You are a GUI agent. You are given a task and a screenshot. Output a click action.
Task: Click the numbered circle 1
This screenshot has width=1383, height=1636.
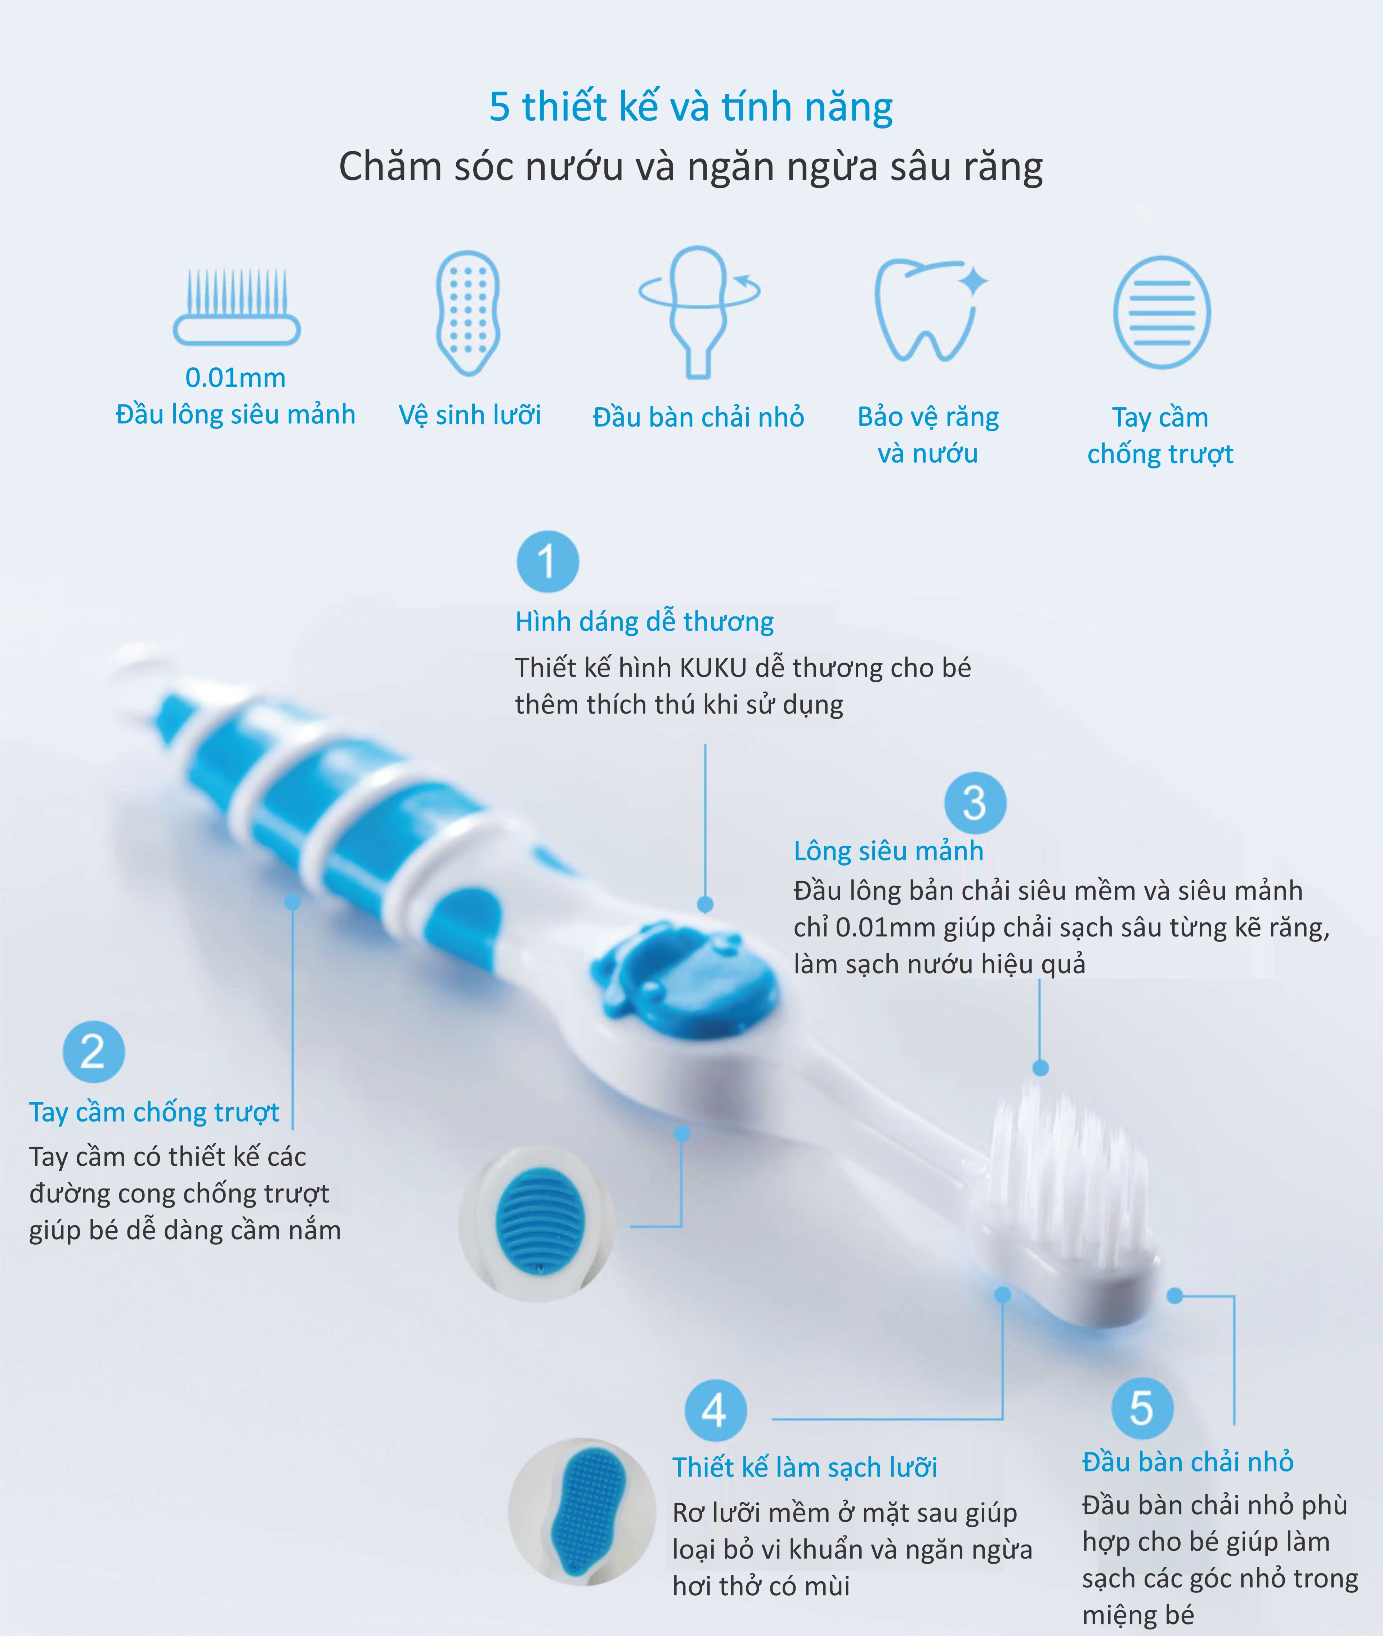[547, 562]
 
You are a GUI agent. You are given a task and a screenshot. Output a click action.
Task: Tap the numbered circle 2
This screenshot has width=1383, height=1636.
[93, 1052]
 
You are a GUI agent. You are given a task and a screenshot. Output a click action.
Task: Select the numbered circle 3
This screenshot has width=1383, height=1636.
[975, 804]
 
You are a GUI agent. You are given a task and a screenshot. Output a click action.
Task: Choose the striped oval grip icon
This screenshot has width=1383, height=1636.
[1162, 312]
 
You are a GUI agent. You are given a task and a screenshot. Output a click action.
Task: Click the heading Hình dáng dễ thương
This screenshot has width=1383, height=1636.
[644, 622]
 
